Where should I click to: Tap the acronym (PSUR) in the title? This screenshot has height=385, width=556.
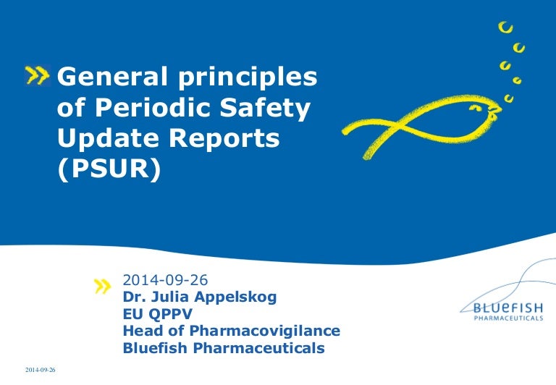coord(107,172)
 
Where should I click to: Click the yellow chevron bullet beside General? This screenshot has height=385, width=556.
coord(38,73)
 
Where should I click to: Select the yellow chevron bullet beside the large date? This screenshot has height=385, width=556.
coord(104,287)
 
